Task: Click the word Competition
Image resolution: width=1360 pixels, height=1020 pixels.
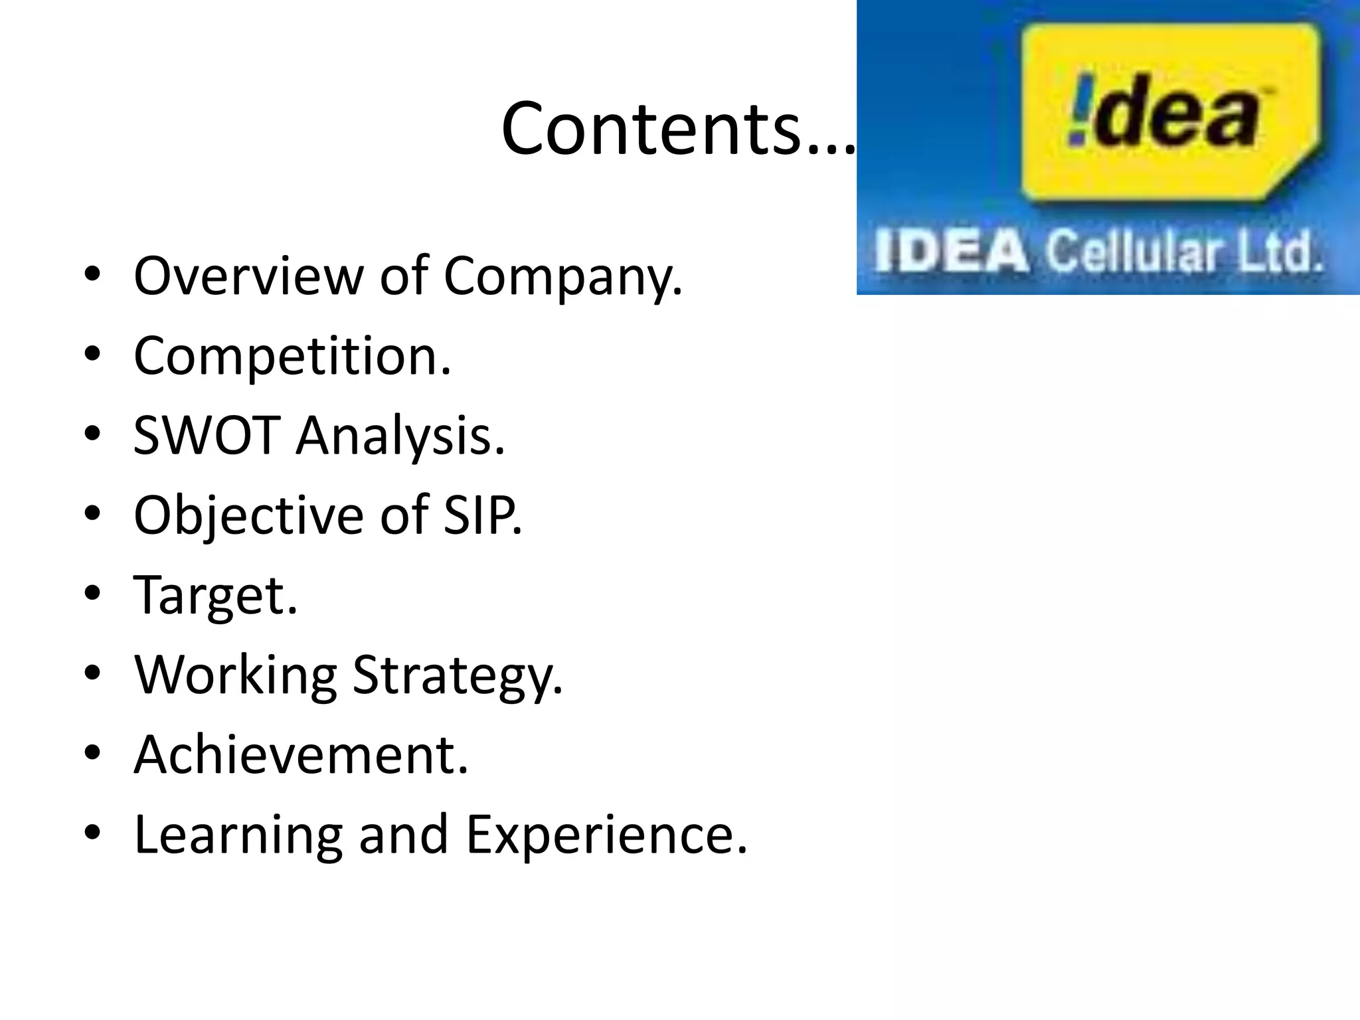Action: [x=292, y=357]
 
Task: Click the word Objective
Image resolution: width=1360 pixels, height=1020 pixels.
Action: [x=248, y=517]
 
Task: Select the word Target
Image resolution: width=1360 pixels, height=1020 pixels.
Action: [x=215, y=596]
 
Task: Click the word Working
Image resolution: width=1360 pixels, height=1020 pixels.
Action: [x=236, y=676]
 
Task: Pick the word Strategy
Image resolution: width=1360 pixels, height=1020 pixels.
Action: [x=457, y=676]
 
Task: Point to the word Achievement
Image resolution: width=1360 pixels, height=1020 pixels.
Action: [x=301, y=754]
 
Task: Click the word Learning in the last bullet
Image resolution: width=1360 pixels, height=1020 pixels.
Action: [x=238, y=835]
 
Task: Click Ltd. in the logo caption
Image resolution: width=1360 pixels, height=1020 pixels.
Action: [x=1279, y=253]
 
